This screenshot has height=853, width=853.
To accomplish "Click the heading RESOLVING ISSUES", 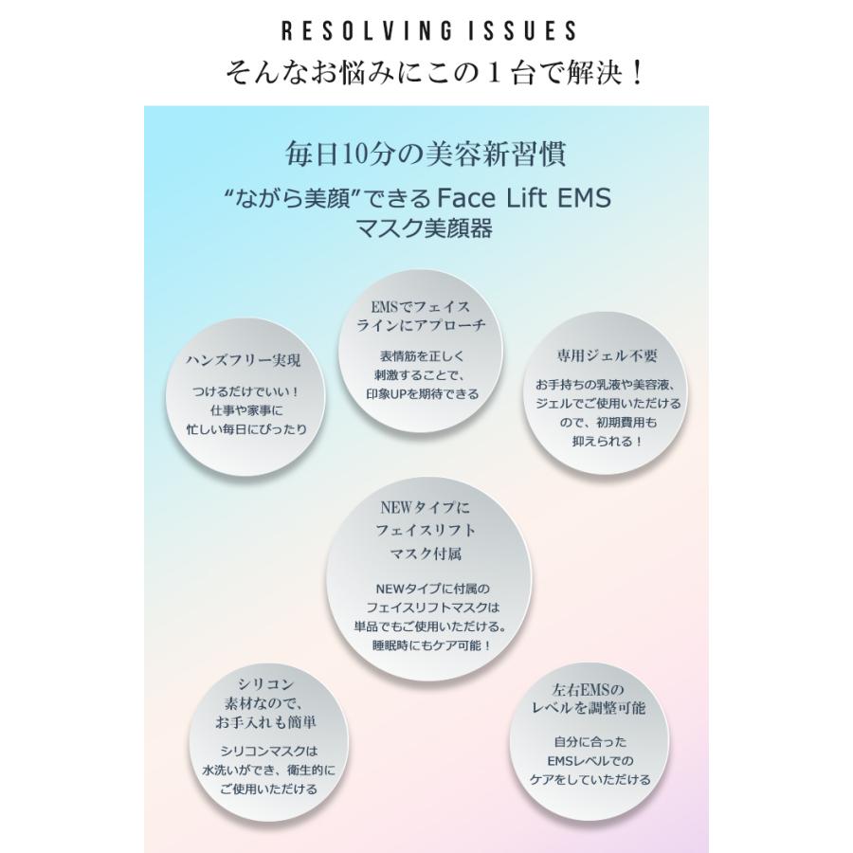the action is [x=428, y=30].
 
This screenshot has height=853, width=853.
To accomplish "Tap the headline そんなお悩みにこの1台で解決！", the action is [x=434, y=71].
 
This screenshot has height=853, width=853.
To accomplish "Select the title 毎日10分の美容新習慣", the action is [x=426, y=154].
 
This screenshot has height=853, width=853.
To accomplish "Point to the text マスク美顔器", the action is [x=425, y=227].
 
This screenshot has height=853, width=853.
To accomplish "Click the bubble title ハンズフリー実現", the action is [x=244, y=360].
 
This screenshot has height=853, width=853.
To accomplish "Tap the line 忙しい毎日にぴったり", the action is [x=246, y=429].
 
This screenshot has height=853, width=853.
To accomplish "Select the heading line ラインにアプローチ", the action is [x=421, y=325].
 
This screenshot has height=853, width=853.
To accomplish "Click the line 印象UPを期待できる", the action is [x=423, y=394].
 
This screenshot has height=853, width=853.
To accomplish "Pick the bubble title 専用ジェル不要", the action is [x=607, y=355].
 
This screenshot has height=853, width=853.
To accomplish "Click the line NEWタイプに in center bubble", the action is [x=425, y=508].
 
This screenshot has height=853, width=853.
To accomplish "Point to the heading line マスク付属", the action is [x=426, y=554].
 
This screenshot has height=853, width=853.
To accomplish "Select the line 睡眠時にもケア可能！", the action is [x=432, y=645].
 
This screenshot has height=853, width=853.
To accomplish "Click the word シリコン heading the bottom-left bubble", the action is [x=266, y=683].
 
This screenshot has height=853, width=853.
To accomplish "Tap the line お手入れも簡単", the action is [x=265, y=722].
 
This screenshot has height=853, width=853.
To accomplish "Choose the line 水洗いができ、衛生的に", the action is [x=269, y=771].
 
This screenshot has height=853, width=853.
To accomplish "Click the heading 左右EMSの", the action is [x=588, y=690].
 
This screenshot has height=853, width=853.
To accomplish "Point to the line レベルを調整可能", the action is [x=589, y=708].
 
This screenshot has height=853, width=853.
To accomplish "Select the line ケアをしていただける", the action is [x=590, y=780].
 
